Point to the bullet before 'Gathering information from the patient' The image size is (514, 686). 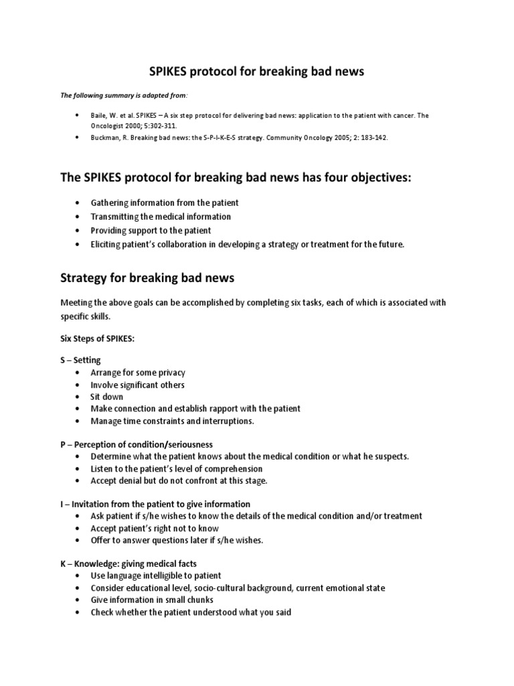click(x=78, y=203)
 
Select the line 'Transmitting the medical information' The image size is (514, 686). click(x=161, y=216)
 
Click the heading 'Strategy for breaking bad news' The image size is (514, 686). click(x=147, y=277)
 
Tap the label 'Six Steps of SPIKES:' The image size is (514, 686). click(x=97, y=339)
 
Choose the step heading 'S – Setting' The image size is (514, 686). click(x=80, y=360)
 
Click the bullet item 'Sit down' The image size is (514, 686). click(x=107, y=397)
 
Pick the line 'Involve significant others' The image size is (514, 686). click(x=137, y=385)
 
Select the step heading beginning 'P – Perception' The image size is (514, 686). click(x=136, y=444)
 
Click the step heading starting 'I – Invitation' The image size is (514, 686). click(x=155, y=504)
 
